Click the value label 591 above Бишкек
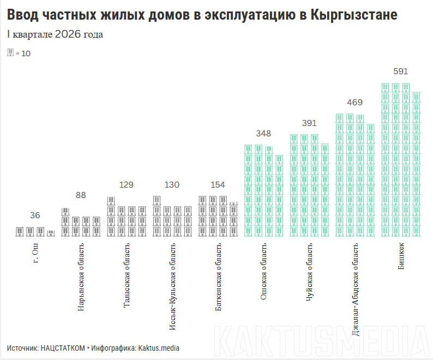coord(401,71)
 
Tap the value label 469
coord(355,102)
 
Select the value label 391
coord(309,123)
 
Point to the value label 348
coord(263,134)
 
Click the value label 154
coord(218,185)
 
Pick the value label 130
coord(172,185)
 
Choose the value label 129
coord(126,185)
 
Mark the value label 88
coord(81,195)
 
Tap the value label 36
coord(35,215)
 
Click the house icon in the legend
coord(10,53)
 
